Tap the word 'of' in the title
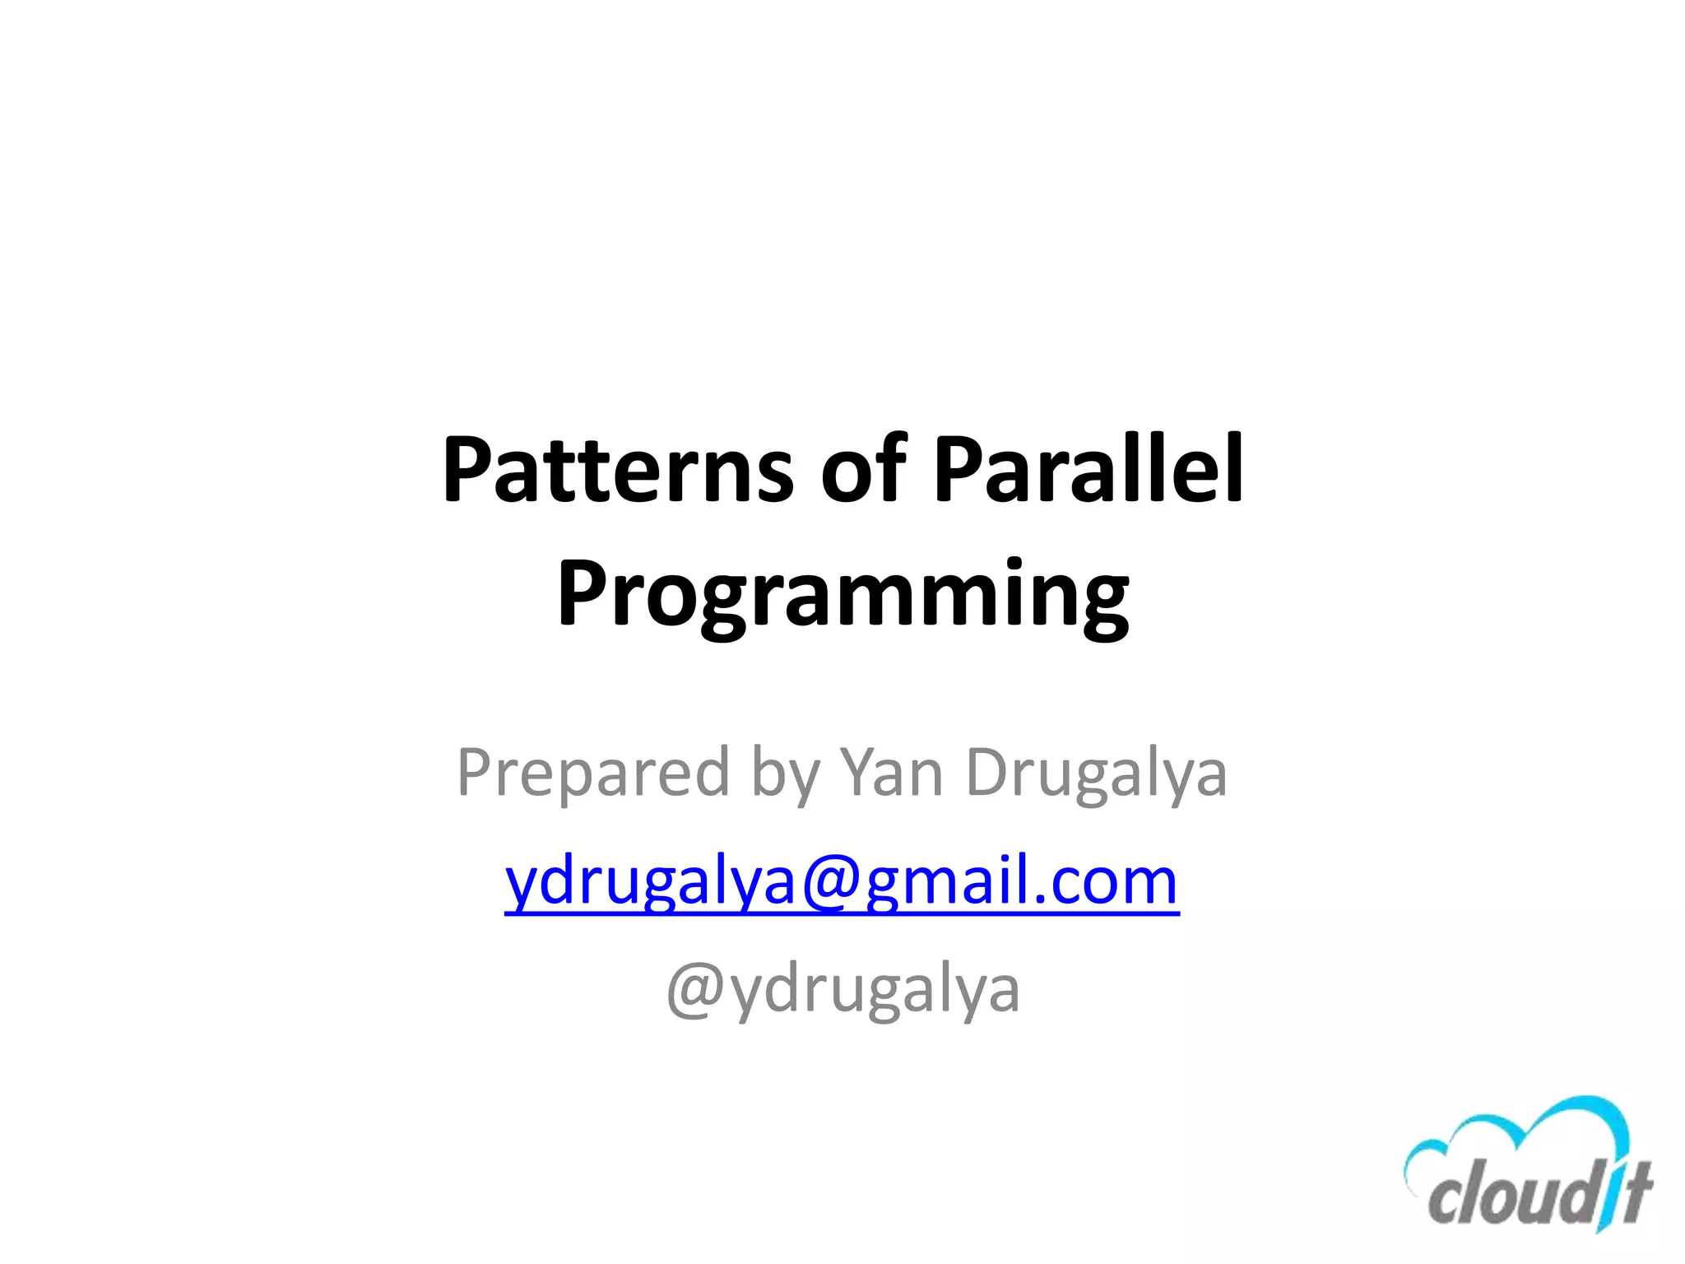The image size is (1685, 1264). pos(863,471)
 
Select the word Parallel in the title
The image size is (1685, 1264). pos(1088,471)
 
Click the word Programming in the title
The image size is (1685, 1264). pos(842,597)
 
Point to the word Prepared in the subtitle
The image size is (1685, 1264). pos(593,774)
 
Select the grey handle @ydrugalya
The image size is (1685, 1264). pos(842,991)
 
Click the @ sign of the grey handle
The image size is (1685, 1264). pos(696,991)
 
